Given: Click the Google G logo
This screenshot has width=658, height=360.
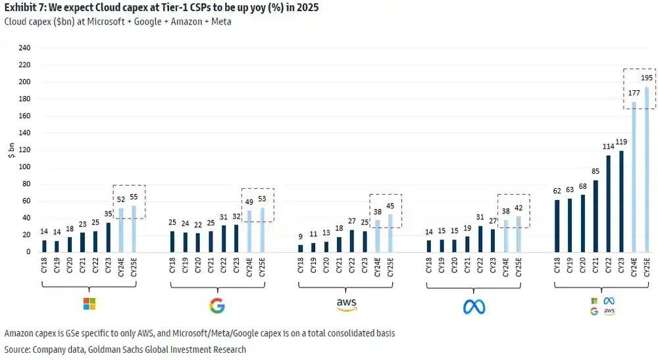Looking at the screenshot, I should pyautogui.click(x=217, y=305).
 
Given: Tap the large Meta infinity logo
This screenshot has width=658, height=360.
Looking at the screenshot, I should pyautogui.click(x=474, y=306).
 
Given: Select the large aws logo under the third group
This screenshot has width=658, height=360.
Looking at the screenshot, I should pyautogui.click(x=346, y=304).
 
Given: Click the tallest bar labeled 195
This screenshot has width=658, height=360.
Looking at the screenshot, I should pyautogui.click(x=646, y=169).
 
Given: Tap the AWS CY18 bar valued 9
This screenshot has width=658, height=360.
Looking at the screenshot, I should pyautogui.click(x=301, y=248).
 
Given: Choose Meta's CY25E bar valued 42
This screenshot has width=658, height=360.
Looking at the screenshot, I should pyautogui.click(x=518, y=234).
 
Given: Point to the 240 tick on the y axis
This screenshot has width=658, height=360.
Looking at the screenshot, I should pyautogui.click(x=25, y=48).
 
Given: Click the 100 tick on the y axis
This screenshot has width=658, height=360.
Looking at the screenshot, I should pyautogui.click(x=25, y=167).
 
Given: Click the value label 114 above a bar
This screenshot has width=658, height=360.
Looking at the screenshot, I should pyautogui.click(x=609, y=147).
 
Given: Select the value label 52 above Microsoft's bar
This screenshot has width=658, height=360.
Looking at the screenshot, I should pyautogui.click(x=122, y=199).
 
